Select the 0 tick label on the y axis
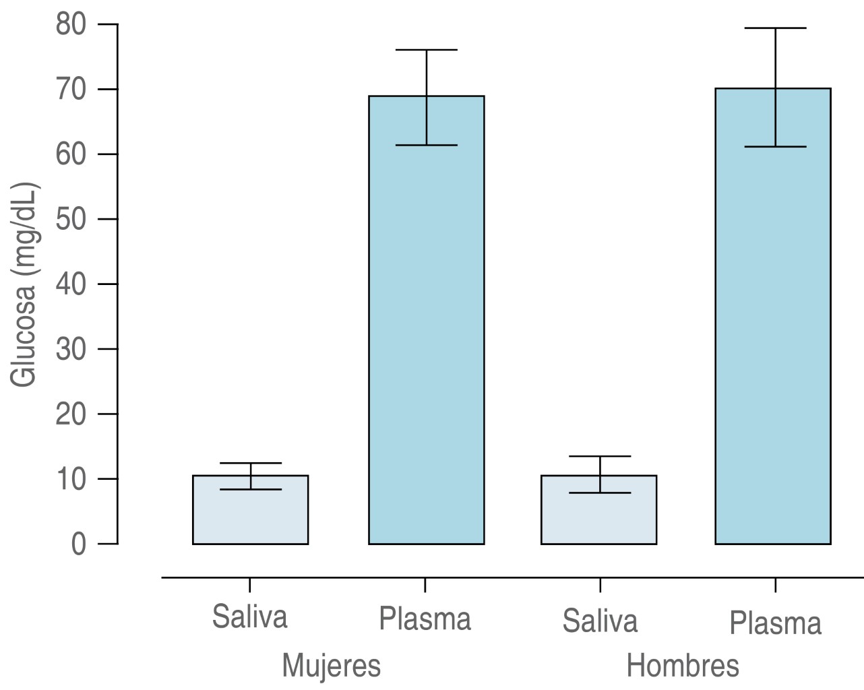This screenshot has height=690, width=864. point(79,544)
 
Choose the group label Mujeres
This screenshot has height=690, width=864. point(331,666)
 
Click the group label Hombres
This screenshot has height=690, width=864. point(682,666)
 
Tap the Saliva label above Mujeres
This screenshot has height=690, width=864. point(249,617)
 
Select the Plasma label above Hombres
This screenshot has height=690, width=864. point(775,623)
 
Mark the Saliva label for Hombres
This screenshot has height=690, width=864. point(600,621)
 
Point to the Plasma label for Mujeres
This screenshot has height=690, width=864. point(425,619)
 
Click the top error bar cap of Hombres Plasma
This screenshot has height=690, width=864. point(775,28)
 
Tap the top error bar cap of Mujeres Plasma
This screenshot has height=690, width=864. point(427,50)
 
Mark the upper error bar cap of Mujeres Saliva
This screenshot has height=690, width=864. point(250,463)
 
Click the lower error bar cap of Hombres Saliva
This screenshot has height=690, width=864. point(600,493)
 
